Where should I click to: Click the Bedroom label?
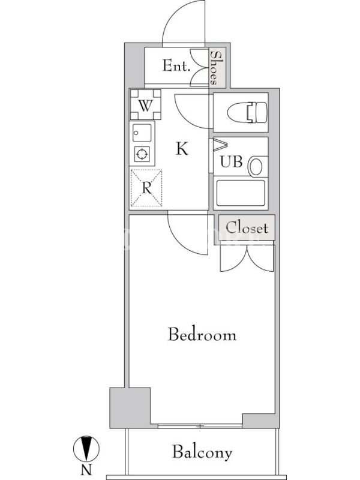tap(202, 334)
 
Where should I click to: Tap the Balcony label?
tap(202, 452)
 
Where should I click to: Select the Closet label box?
tap(247, 227)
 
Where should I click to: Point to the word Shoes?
tap(217, 68)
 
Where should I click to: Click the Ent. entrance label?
tap(176, 65)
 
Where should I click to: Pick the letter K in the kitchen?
tap(182, 149)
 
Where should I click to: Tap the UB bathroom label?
tap(232, 161)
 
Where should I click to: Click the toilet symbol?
tap(247, 112)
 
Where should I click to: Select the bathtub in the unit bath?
tap(241, 193)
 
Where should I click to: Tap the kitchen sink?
tap(142, 133)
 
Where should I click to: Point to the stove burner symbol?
tap(142, 154)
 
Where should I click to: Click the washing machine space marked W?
tap(145, 104)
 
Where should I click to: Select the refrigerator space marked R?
tap(146, 188)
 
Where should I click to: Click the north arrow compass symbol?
tap(86, 448)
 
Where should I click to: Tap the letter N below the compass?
tap(86, 470)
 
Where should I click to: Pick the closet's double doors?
tap(247, 259)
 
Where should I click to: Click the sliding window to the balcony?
tap(200, 426)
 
